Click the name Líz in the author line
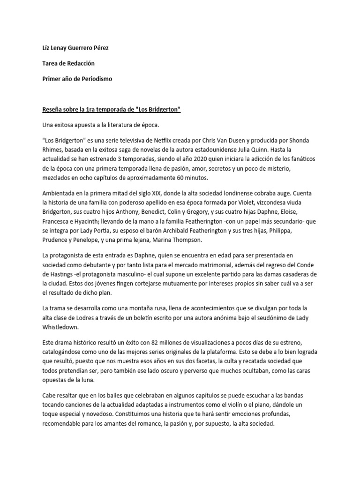(46, 48)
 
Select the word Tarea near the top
(51, 63)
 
